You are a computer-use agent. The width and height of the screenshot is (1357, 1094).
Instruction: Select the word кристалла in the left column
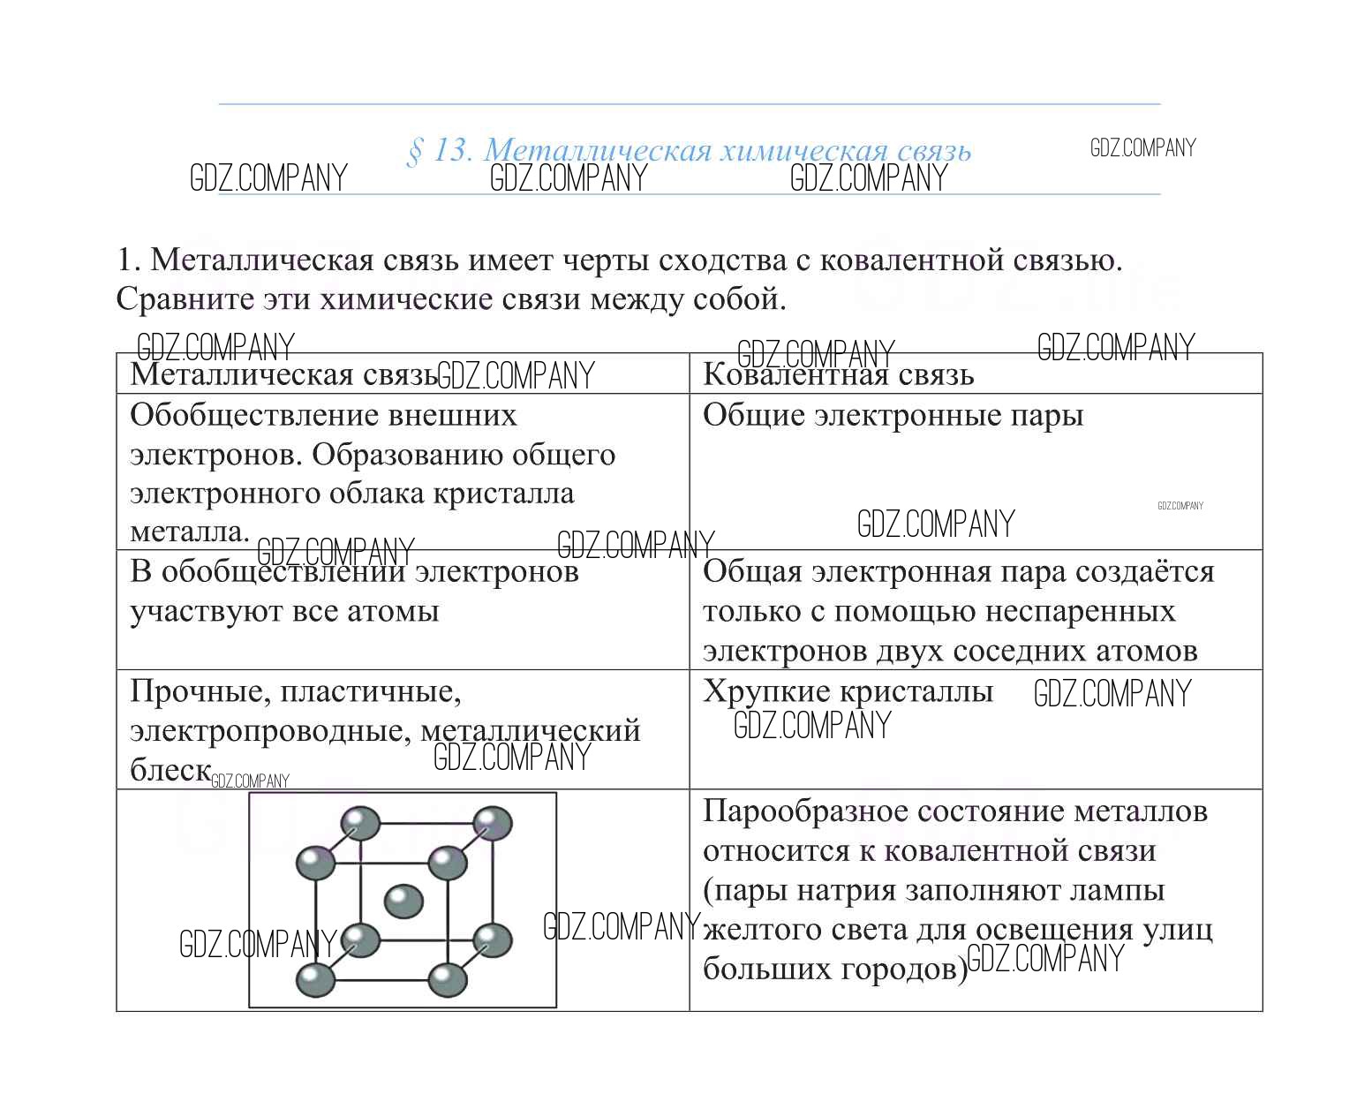(x=503, y=494)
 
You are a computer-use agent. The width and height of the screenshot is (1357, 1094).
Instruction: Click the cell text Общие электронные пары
(x=893, y=416)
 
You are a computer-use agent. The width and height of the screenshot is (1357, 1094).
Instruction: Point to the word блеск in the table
(x=170, y=770)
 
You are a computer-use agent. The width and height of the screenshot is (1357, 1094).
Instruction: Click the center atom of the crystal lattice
(x=403, y=901)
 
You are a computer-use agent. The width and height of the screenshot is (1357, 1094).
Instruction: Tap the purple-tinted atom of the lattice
(x=493, y=823)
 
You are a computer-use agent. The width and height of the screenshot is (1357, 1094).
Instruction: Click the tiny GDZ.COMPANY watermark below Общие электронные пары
(x=1180, y=506)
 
